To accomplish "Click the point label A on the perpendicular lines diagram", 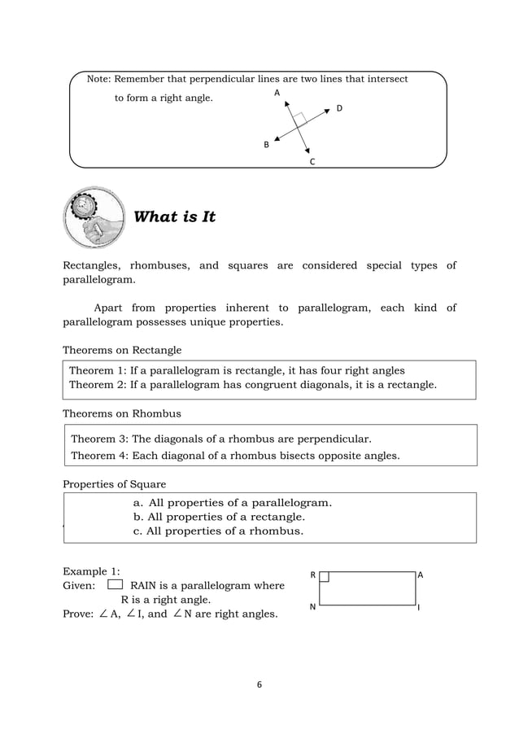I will (277, 94).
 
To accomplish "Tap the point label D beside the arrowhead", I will (339, 108).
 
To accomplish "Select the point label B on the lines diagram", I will (265, 145).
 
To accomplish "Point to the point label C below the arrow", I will (312, 162).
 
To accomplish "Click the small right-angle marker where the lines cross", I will (299, 119).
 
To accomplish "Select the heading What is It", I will (174, 217).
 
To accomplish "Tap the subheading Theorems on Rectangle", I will (122, 350).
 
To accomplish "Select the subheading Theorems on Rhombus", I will (122, 413).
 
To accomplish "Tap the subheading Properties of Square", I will (115, 484).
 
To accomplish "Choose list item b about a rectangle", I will (219, 517).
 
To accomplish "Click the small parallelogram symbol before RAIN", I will (115, 583).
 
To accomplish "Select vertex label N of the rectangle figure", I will (313, 607).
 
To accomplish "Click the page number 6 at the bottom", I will (259, 685).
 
